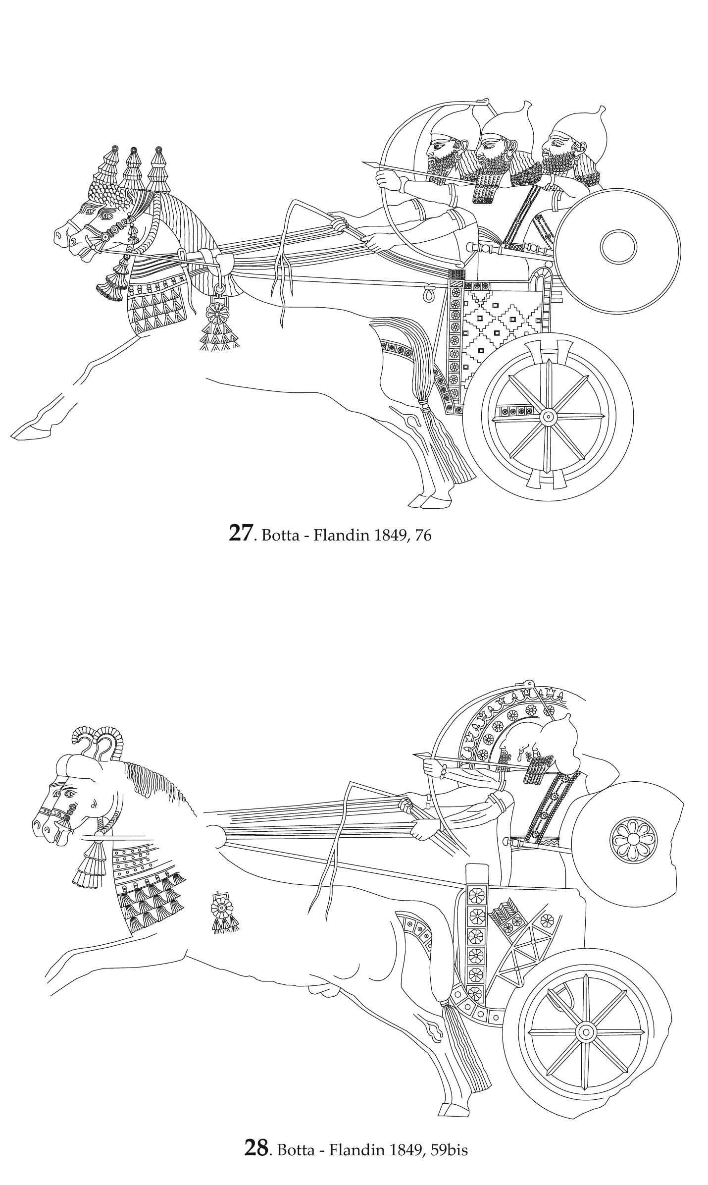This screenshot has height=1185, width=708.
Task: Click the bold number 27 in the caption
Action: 240,533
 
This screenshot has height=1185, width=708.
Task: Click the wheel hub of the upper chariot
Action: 548,417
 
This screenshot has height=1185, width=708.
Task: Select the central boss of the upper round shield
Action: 618,247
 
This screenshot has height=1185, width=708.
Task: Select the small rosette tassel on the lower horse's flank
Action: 221,908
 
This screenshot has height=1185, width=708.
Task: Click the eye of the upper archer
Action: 438,145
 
